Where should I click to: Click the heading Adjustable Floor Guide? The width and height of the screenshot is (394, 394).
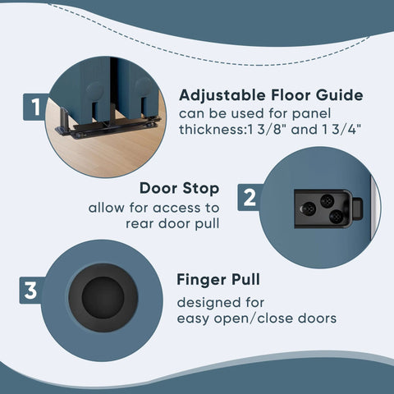coord(271,95)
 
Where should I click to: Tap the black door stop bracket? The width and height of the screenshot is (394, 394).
coord(324,208)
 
